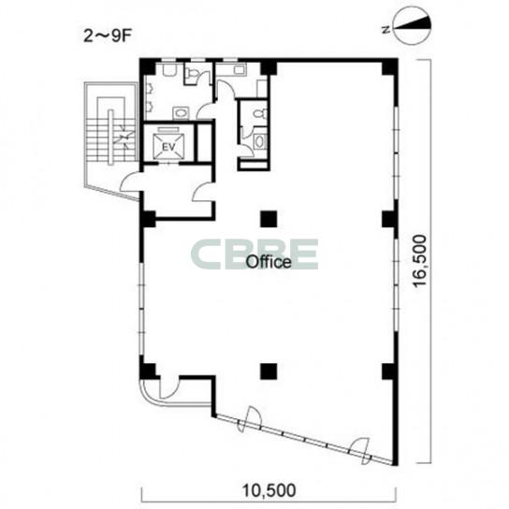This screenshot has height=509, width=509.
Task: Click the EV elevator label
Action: point(168,147)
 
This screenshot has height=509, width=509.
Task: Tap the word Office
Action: point(269,262)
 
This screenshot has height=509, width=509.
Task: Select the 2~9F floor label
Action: point(107,36)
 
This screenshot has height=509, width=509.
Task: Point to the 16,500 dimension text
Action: point(420,260)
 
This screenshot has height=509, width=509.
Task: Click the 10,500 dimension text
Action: point(269,490)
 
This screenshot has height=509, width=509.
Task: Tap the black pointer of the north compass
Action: point(414,24)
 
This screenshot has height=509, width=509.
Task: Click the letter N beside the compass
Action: point(385,30)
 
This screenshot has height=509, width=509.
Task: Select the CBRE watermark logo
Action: point(254,254)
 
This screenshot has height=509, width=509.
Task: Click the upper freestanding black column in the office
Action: point(269,219)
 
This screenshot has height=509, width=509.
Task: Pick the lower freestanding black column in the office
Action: point(269,371)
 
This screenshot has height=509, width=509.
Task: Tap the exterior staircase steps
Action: point(111,138)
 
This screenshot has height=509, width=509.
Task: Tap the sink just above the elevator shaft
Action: point(181,112)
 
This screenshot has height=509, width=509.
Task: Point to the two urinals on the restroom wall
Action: point(150,96)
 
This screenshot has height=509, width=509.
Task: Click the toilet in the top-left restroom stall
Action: point(192,73)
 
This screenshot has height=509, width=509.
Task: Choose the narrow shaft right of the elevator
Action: point(205,142)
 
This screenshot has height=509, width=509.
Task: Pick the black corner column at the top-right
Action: point(389,66)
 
